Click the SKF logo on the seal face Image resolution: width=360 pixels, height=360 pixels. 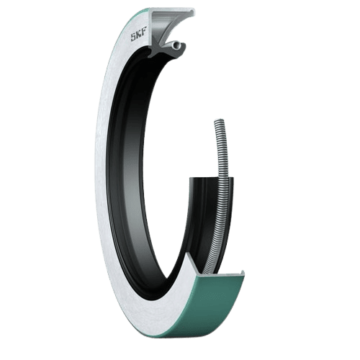point(138,37)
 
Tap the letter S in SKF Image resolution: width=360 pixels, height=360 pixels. point(133,37)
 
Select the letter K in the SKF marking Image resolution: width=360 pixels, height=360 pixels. point(138,37)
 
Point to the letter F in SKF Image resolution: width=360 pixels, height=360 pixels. point(143,36)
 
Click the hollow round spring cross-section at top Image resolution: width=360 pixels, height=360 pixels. point(177,45)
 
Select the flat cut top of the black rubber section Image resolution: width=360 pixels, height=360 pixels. point(211,179)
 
